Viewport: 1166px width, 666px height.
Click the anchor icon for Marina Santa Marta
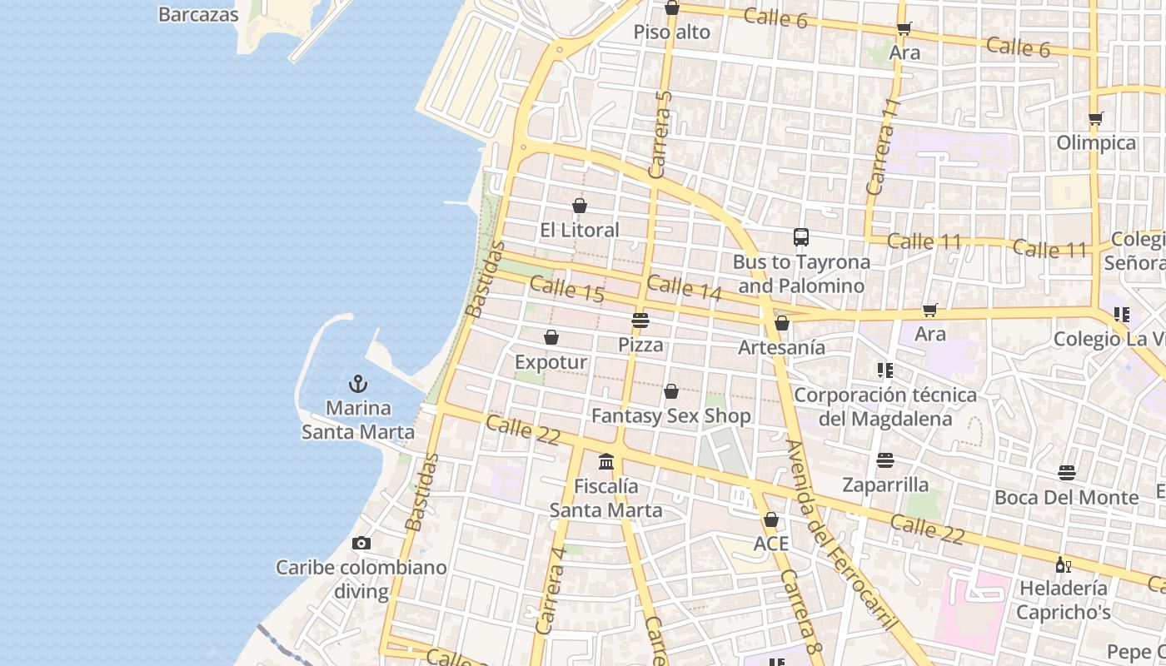pos(358,384)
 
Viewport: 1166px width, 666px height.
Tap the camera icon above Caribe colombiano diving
pos(361,544)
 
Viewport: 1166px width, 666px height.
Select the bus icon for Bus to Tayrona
pos(800,237)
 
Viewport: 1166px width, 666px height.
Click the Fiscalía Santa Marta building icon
pos(606,461)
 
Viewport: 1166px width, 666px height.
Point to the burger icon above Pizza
pos(640,320)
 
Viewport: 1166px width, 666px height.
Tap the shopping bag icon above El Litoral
pos(580,206)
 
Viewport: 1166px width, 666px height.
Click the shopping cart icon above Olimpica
pos(1096,118)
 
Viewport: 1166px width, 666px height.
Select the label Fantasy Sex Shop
pos(671,415)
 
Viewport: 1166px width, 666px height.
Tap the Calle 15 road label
pos(566,290)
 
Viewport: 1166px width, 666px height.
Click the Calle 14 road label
pos(684,287)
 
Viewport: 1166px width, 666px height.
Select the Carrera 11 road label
pos(884,147)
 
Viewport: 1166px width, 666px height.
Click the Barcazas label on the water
pos(198,14)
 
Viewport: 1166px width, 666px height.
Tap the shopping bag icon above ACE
pos(771,520)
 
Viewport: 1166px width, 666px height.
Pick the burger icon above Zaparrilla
pos(884,460)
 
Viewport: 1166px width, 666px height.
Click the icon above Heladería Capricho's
pos(1063,564)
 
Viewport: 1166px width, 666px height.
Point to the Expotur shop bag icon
pos(551,338)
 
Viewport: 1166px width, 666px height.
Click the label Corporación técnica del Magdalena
pos(884,406)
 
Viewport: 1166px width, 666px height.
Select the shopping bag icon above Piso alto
pos(672,8)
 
